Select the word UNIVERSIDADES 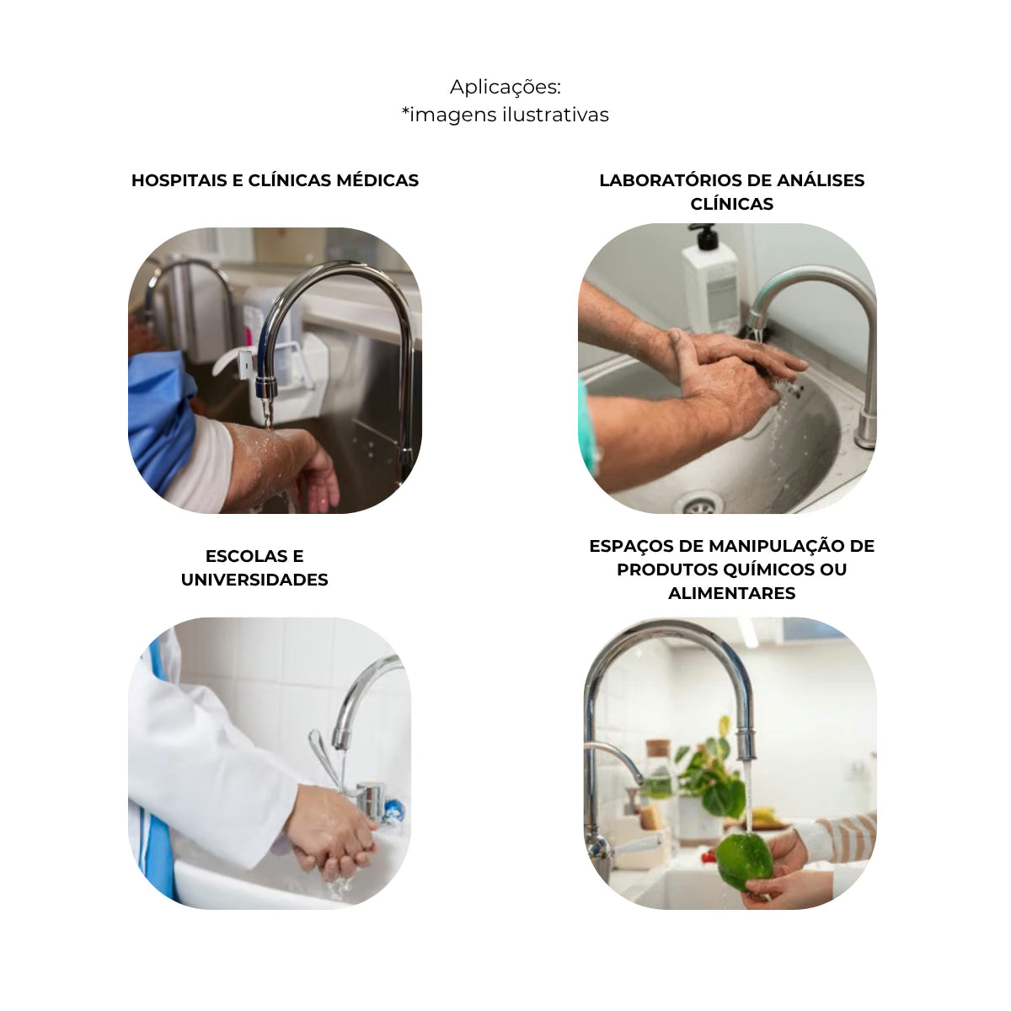pyautogui.click(x=254, y=580)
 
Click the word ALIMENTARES pyautogui.click(x=732, y=593)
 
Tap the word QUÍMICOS pyautogui.click(x=768, y=570)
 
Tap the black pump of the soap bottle pyautogui.click(x=706, y=236)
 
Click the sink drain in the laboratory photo pyautogui.click(x=701, y=505)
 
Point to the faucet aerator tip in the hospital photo pyautogui.click(x=266, y=387)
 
